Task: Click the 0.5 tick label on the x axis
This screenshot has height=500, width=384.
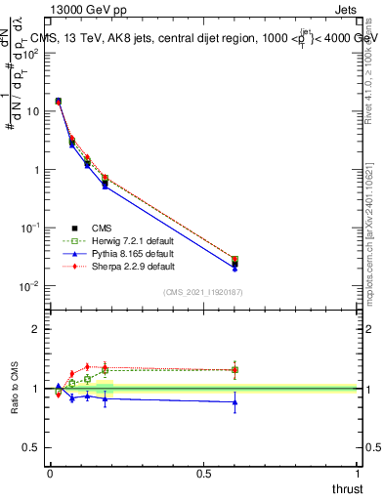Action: [x=203, y=474]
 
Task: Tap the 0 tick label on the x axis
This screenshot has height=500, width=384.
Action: [x=50, y=474]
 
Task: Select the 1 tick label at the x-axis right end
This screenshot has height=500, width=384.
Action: [x=358, y=474]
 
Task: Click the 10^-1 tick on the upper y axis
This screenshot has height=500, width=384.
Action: [x=32, y=228]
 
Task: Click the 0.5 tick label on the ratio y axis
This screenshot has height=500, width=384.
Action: [x=32, y=448]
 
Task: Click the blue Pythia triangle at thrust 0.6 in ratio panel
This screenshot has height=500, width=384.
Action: [x=235, y=401]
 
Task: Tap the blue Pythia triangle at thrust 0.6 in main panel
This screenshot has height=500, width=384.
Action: [x=235, y=268]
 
